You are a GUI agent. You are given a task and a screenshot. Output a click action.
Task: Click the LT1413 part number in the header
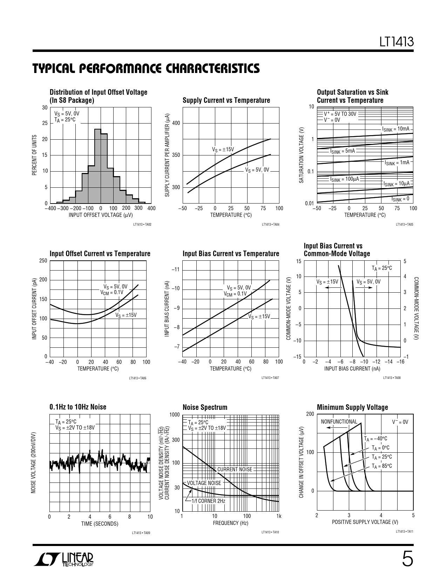click(x=397, y=42)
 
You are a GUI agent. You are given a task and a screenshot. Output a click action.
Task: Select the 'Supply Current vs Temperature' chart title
click(x=226, y=100)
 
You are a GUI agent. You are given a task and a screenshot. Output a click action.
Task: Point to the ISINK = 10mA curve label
click(x=396, y=129)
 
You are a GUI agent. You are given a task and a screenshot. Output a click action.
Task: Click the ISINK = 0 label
click(x=400, y=199)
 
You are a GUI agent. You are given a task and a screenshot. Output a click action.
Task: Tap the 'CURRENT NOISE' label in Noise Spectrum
click(x=235, y=469)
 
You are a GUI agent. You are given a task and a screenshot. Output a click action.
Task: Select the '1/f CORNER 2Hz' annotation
click(x=208, y=501)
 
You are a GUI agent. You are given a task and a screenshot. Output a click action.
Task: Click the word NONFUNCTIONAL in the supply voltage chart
click(x=339, y=421)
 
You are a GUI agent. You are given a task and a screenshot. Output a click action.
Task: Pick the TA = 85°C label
click(x=381, y=466)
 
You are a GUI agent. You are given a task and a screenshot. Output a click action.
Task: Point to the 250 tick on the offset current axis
click(x=43, y=261)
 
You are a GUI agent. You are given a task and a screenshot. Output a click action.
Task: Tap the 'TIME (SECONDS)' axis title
click(x=100, y=524)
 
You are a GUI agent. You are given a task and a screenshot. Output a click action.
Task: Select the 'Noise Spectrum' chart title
click(x=205, y=407)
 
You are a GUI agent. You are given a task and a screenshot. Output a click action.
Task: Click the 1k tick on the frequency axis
click(x=279, y=516)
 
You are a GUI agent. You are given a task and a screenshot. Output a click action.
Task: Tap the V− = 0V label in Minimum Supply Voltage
click(x=400, y=422)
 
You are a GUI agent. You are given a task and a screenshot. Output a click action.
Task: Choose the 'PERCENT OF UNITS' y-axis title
click(x=34, y=155)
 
